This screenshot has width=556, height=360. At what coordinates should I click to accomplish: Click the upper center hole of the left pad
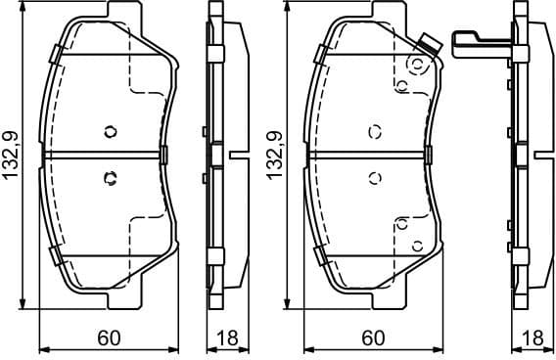109,132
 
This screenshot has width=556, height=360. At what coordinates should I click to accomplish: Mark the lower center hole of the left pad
109,178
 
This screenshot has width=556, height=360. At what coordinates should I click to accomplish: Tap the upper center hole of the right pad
373,132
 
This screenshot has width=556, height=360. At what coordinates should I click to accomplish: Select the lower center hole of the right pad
373,178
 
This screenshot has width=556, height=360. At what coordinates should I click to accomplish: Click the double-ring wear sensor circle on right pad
418,65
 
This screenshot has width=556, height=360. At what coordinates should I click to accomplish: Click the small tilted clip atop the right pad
426,42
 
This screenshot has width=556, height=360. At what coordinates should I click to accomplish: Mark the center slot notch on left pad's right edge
164,154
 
